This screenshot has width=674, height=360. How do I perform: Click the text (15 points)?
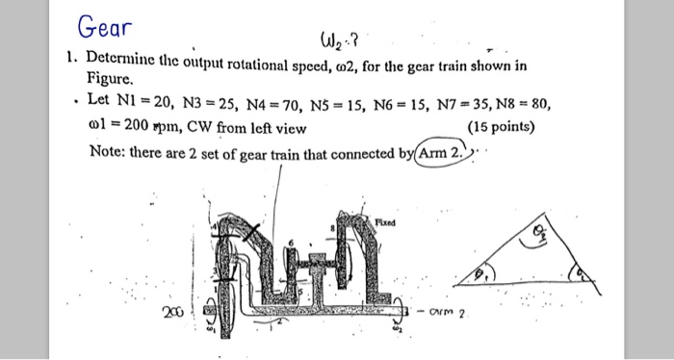pyautogui.click(x=501, y=126)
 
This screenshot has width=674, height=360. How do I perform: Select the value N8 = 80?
pyautogui.click(x=531, y=102)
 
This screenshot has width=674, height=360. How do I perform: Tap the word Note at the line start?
pyautogui.click(x=108, y=151)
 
